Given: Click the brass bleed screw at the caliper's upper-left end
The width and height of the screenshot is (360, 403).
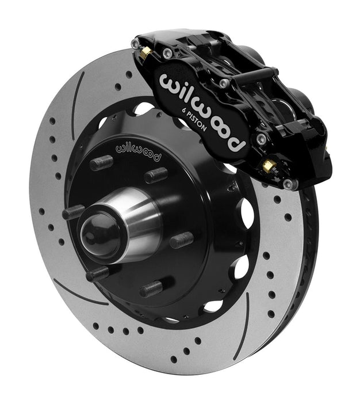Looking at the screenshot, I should point(146,52).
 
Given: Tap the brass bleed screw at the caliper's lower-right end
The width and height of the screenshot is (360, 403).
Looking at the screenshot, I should point(268,167).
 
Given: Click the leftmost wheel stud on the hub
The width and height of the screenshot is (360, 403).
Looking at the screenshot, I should point(74,212).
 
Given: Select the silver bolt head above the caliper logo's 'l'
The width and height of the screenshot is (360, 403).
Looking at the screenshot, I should point(167,53).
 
